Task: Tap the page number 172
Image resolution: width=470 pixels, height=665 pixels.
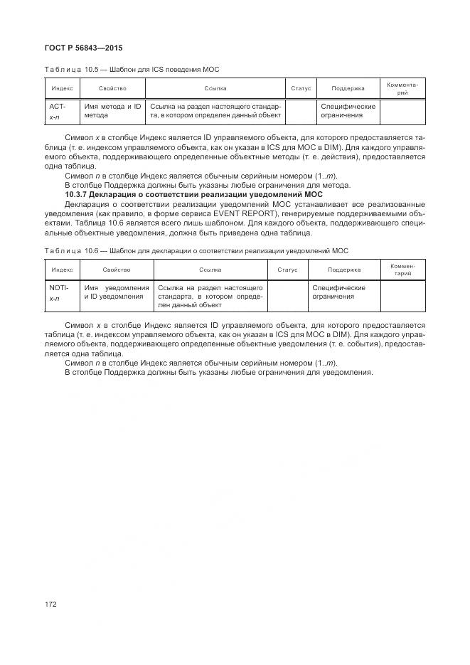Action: (51, 605)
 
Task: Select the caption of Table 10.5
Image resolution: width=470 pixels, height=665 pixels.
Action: (132, 70)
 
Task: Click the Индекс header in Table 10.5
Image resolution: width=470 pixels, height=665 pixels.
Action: (61, 89)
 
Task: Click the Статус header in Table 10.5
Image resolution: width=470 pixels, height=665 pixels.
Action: (301, 89)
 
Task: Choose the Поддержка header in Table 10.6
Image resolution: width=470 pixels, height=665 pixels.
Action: (344, 270)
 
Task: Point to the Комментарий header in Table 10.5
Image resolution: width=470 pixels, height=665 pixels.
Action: (402, 89)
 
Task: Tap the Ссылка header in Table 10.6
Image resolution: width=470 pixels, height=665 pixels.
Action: (211, 270)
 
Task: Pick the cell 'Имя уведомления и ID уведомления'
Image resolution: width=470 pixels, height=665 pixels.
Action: (115, 292)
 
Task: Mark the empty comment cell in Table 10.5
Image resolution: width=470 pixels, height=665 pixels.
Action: (402, 111)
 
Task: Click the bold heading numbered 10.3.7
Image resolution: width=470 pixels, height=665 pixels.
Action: (193, 194)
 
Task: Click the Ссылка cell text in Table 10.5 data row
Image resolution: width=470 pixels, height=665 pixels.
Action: (215, 111)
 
